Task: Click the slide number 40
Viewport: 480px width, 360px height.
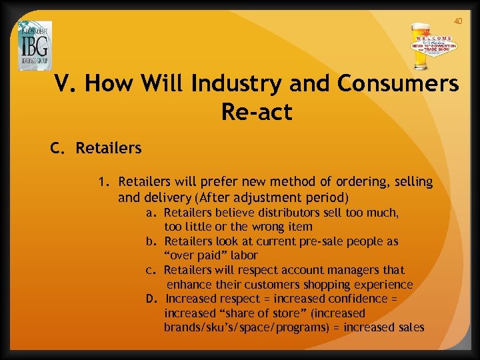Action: (457, 21)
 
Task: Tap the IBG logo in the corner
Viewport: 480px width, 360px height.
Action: (35, 45)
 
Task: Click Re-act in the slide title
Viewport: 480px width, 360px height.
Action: (257, 111)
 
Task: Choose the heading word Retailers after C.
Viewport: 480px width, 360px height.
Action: (109, 148)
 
